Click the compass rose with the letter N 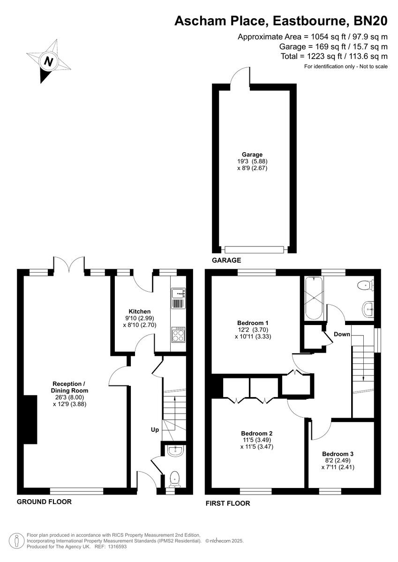tap(48, 61)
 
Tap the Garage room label tap(252, 154)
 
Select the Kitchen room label tap(140, 311)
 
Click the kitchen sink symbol tap(178, 294)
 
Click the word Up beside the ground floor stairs tap(154, 429)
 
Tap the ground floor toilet tap(174, 478)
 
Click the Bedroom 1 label tap(253, 323)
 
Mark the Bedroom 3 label tap(338, 454)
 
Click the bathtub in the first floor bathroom tap(312, 297)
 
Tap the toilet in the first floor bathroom tap(365, 284)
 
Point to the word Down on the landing tap(342, 334)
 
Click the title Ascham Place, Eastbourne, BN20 tap(281, 21)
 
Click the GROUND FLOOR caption tap(44, 502)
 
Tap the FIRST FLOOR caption tap(228, 503)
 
